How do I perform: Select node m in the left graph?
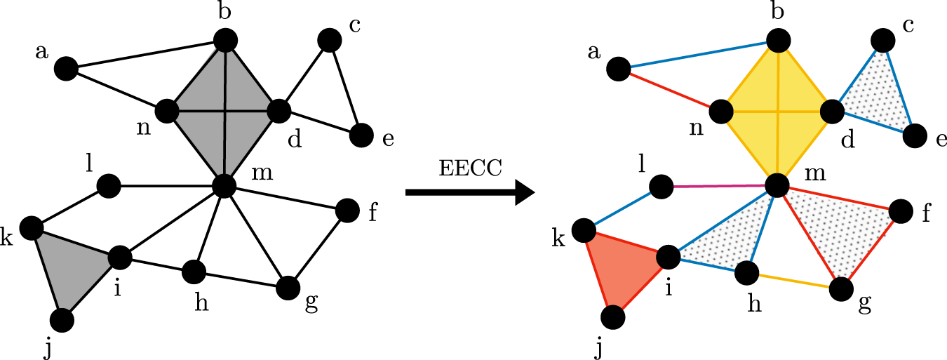(x=224, y=185)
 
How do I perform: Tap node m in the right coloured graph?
(x=777, y=185)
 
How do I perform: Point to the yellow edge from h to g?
(x=793, y=280)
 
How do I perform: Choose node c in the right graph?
(x=882, y=39)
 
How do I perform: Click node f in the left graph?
(x=347, y=209)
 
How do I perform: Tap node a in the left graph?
(x=65, y=69)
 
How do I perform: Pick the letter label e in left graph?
(x=387, y=139)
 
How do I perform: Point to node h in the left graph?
(x=194, y=270)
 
